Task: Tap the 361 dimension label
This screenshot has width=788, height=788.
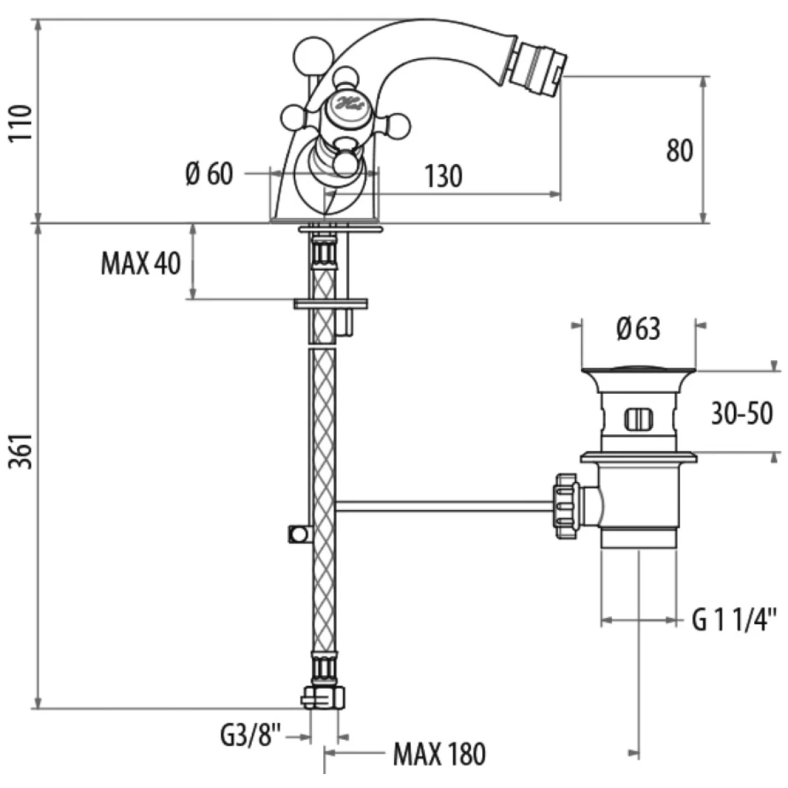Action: click(x=23, y=452)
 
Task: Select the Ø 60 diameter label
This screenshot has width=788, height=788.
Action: click(x=209, y=175)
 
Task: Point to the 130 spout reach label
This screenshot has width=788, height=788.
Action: click(x=443, y=176)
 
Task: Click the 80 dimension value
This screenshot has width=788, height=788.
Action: click(x=680, y=150)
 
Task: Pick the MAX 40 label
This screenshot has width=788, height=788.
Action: click(x=141, y=264)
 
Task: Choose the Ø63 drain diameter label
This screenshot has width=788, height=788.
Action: click(x=638, y=328)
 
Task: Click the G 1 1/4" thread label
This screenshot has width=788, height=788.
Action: click(x=735, y=619)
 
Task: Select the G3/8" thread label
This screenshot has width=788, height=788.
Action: click(x=250, y=734)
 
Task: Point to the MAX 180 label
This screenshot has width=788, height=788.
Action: click(x=439, y=754)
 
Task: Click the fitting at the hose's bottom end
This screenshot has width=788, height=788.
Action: click(x=322, y=696)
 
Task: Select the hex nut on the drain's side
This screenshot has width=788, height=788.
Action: click(x=566, y=506)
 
